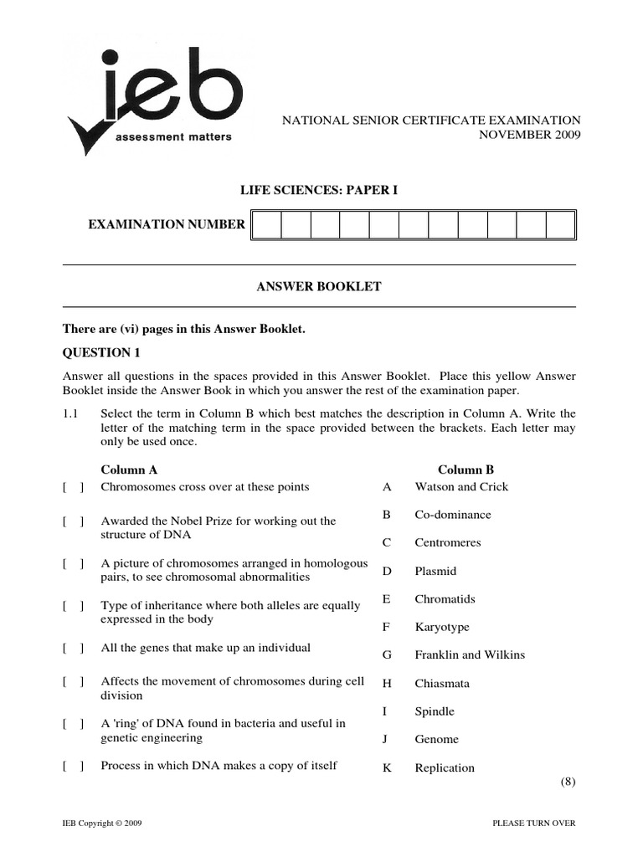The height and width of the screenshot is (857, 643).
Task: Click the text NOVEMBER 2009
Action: point(529,136)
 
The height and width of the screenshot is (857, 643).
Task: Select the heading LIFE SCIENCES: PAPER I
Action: point(319,191)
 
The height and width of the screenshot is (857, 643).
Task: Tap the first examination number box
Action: point(266,225)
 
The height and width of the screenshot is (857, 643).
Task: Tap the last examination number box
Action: point(560,225)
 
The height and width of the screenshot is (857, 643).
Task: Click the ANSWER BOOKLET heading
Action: point(318,287)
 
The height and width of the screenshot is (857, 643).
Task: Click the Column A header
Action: point(129,470)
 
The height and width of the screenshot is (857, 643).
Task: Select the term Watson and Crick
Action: point(461,487)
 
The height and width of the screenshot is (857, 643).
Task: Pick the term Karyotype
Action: point(442,628)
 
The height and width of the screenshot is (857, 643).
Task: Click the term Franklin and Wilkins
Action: point(470,655)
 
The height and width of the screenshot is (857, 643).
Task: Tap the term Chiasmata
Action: point(442,684)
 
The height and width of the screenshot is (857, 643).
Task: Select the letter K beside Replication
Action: point(387,768)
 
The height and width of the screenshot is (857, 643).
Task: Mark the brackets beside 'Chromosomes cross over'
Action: point(73,487)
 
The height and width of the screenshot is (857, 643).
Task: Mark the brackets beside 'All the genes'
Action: point(73,649)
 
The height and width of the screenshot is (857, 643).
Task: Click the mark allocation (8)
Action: point(568,783)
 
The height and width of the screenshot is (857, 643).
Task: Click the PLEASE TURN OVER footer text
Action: point(534,824)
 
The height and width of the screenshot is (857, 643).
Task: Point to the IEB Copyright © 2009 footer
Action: point(102,824)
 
